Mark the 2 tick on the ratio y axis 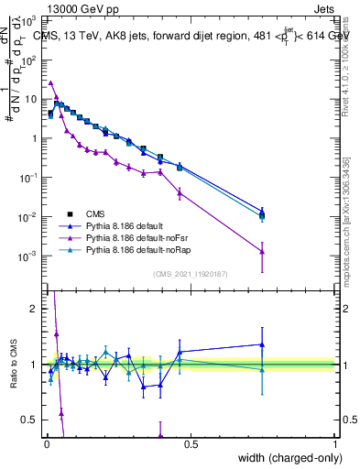[35, 309]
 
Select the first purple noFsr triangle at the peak [51, 82]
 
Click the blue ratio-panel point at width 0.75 [263, 344]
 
